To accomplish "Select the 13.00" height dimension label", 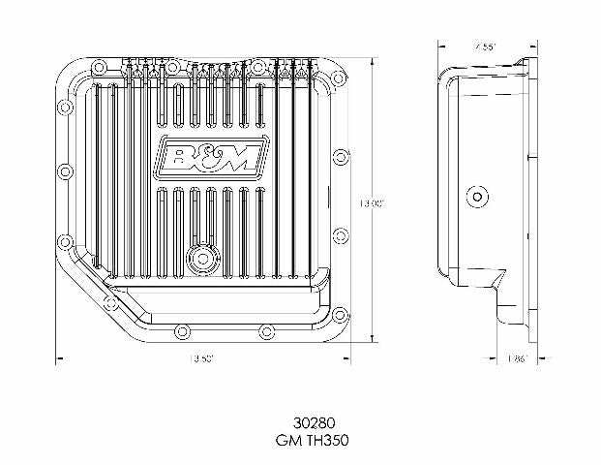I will pos(373,203).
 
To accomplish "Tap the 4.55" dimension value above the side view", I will pos(485,45).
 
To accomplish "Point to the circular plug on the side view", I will pos(476,196).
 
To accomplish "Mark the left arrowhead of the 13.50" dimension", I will pos(60,358).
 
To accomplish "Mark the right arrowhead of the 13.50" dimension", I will pos(347,358).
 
